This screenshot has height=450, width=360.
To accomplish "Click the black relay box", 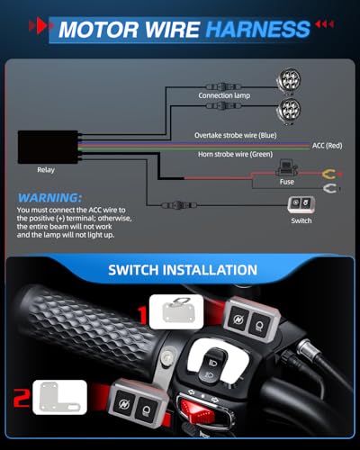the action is click(48, 147).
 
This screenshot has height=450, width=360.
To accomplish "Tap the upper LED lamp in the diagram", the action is click(288, 80).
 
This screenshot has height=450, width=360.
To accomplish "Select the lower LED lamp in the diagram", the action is click(288, 110).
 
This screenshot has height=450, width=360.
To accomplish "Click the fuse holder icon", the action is click(286, 168).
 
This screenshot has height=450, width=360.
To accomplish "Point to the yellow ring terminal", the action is click(329, 174).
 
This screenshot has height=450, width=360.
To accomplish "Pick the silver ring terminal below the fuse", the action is click(329, 188).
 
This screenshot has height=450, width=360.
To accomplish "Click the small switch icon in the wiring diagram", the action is click(301, 204).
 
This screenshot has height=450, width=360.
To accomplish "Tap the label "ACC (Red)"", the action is click(327, 146).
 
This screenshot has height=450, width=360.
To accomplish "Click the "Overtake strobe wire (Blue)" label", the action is click(236, 135).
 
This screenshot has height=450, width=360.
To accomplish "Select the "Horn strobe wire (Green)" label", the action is click(235, 154).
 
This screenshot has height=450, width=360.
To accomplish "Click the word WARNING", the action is click(49, 198).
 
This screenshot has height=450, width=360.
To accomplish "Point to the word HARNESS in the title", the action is click(258, 29).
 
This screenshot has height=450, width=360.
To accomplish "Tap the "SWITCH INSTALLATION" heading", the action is click(183, 270).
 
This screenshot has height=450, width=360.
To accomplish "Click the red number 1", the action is click(142, 315).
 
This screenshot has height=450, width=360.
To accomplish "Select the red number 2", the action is click(22, 398).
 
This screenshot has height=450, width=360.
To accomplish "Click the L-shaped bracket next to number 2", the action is click(60, 398).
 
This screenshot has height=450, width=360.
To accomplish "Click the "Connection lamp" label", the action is click(224, 95).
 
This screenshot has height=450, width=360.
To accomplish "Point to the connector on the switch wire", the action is click(179, 205).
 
